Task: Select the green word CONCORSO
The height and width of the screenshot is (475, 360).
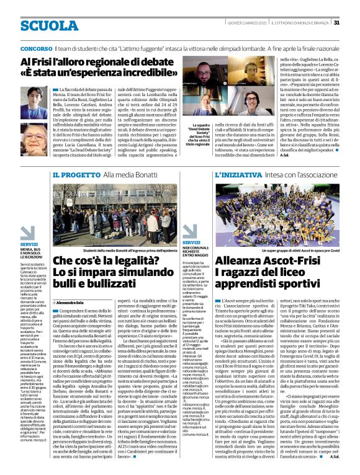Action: point(36,48)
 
